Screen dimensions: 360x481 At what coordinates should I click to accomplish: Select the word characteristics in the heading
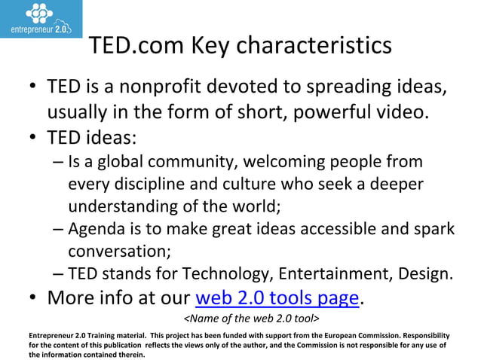[x=317, y=47]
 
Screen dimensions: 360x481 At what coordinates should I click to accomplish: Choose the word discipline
[x=154, y=184]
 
